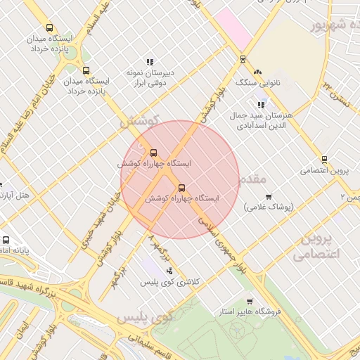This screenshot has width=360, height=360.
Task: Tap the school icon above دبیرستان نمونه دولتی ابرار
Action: coord(149,63)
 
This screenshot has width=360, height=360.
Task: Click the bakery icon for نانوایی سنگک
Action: coord(257,72)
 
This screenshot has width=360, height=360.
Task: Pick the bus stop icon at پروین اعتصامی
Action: coord(324,160)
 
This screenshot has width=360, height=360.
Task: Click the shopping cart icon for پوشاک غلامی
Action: coord(269,197)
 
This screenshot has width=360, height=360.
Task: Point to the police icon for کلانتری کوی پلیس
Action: coord(169,271)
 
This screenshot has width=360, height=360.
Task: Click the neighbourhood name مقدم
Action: coord(250,181)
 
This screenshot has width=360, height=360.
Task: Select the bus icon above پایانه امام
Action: coord(6,239)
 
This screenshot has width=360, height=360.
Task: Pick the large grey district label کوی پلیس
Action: coord(144,318)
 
